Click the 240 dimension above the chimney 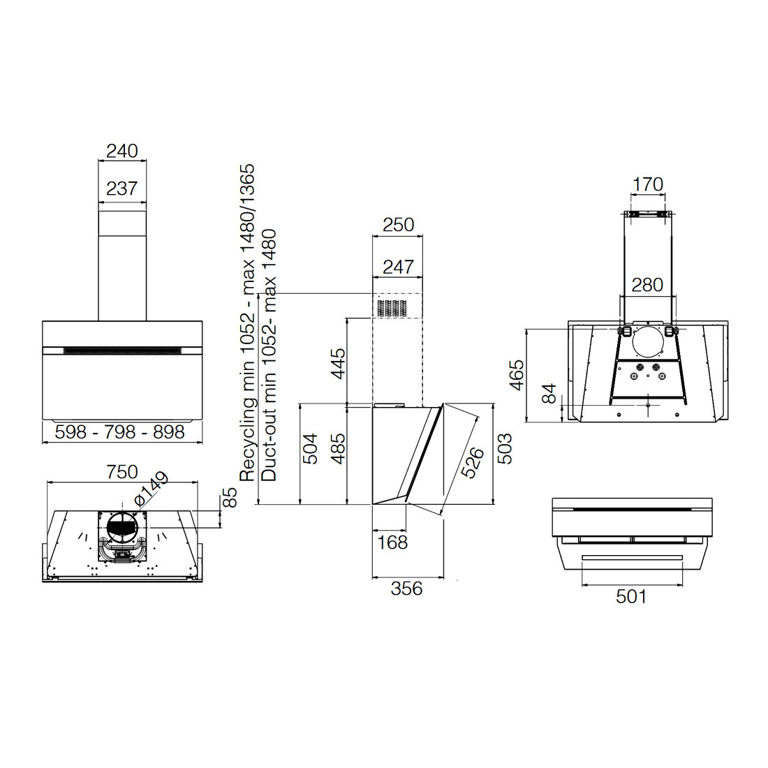[122, 151]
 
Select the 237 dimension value [122, 189]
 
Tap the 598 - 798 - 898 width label [120, 432]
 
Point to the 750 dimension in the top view [122, 472]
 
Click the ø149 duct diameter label [151, 489]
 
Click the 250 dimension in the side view [398, 225]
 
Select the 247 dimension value [398, 267]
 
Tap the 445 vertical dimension [338, 364]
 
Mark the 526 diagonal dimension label [473, 462]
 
